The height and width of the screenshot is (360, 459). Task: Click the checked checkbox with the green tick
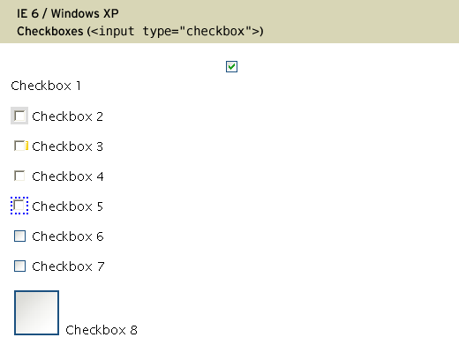(231, 66)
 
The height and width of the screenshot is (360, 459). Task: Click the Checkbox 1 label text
(46, 86)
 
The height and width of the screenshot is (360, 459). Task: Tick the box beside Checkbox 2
(19, 116)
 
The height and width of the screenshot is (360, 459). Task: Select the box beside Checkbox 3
(19, 146)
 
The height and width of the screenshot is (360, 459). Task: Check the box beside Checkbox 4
(19, 176)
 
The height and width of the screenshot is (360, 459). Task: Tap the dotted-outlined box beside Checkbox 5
(19, 206)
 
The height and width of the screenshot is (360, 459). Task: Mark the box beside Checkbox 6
(19, 236)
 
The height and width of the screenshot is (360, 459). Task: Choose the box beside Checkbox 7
(19, 266)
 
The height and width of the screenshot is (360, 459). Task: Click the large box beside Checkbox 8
(36, 312)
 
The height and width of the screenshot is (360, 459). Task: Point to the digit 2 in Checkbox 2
(100, 116)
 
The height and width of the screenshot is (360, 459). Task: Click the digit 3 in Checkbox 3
(100, 146)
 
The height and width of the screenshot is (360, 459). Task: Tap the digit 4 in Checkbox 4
(100, 176)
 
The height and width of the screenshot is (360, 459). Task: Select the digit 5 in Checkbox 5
(100, 206)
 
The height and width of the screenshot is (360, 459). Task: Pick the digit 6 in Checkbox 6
(100, 236)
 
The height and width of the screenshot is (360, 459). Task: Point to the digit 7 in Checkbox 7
(101, 266)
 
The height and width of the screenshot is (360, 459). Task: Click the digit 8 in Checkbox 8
(134, 330)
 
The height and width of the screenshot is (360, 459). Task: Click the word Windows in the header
(75, 13)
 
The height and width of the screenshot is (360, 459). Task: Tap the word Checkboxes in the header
(50, 31)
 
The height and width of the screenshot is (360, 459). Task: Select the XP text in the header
(111, 13)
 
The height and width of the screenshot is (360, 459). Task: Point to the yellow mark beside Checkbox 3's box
(26, 146)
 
